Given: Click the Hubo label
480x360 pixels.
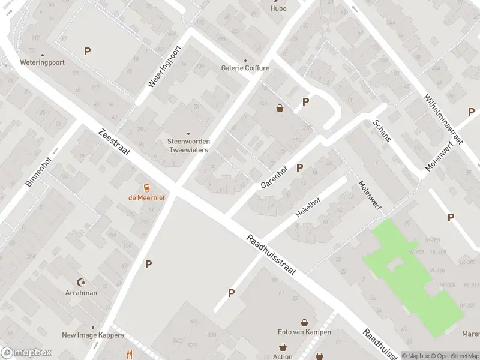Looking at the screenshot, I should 278,8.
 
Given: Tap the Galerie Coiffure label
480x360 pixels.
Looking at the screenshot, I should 245,68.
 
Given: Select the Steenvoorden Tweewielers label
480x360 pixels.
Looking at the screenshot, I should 188,145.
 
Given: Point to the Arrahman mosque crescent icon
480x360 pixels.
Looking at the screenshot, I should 82,282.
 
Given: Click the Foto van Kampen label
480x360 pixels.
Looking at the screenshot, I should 304,332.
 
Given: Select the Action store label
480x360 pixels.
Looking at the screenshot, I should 283,356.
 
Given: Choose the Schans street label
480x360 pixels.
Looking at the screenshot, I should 382,130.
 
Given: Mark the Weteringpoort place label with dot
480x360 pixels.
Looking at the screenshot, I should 42,62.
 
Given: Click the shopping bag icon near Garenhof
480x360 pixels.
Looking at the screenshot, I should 280,108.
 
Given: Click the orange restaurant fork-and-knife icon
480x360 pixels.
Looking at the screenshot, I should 129,354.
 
